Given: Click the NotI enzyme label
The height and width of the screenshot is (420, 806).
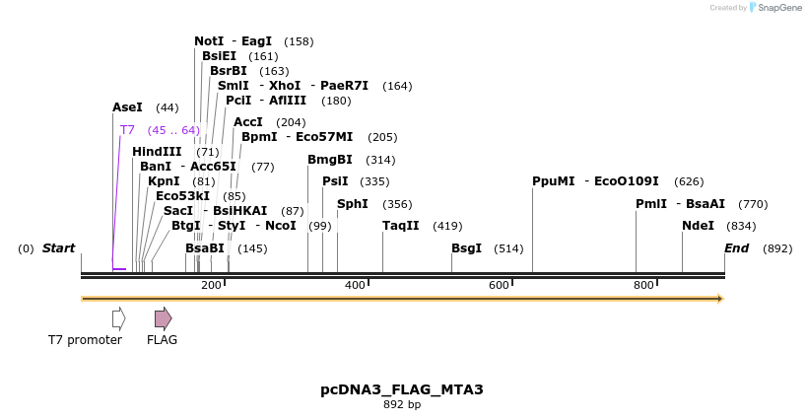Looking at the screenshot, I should [209, 41].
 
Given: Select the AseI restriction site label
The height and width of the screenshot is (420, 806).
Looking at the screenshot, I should [127, 106].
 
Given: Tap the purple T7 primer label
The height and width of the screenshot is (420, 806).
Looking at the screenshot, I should [127, 130].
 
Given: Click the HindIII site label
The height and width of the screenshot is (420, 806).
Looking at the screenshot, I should [157, 152].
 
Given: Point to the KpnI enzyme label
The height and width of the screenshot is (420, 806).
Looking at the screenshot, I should [164, 181].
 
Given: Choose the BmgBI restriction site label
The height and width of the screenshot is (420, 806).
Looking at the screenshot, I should [329, 160].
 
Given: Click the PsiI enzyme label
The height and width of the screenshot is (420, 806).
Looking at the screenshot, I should [335, 181].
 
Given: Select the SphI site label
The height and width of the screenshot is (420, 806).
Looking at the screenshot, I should [353, 204].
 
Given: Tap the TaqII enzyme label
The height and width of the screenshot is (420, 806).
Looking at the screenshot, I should [400, 226].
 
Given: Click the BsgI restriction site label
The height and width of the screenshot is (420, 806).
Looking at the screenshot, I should [466, 248].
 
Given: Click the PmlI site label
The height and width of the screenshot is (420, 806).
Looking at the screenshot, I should [651, 204].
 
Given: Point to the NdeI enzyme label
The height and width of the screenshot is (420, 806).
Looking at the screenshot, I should [698, 226].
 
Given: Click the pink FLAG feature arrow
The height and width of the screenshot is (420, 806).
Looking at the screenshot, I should [163, 317].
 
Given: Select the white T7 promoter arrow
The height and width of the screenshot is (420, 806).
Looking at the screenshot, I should [118, 317].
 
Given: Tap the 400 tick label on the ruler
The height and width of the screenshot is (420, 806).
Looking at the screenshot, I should [355, 285].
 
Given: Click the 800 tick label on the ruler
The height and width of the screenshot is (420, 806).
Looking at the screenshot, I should [643, 285].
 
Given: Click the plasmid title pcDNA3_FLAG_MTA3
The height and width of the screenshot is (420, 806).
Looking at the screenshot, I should [402, 389].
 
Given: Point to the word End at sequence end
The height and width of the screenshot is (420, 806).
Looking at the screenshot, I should [737, 248].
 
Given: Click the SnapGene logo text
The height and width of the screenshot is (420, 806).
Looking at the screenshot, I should [778, 8].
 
